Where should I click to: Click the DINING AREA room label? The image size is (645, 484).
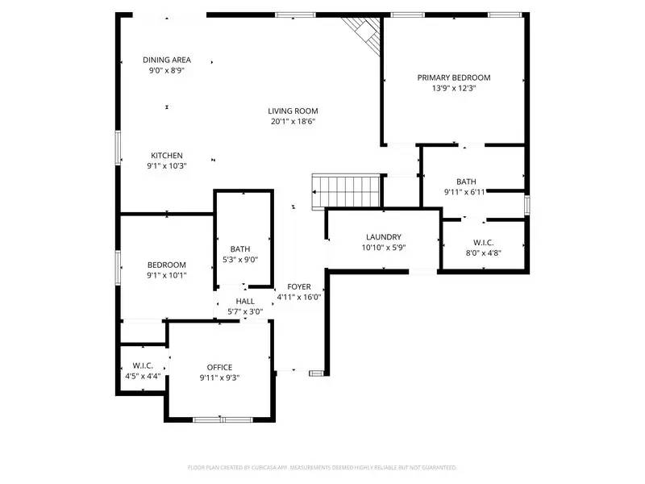[x=167, y=60]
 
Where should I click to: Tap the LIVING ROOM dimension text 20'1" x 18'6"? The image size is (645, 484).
[x=293, y=122]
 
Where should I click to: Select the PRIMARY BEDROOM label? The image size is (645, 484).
[x=453, y=77]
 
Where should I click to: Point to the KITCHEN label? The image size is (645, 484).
[x=167, y=156]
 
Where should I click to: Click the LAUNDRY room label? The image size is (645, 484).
[x=383, y=237]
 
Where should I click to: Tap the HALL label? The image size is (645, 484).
[x=245, y=301]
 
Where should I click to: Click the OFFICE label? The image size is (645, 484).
[x=219, y=367]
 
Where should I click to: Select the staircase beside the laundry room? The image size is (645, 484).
[x=346, y=190]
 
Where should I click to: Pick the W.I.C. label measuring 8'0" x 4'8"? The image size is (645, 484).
[x=484, y=241]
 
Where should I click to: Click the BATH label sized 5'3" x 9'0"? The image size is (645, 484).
[x=239, y=249]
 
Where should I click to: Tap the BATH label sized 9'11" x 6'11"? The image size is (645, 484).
[x=466, y=181]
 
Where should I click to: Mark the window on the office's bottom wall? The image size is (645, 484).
[x=223, y=419]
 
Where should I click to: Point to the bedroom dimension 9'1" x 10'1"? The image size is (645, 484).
[x=167, y=275]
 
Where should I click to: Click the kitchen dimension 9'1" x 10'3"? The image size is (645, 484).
[x=167, y=166]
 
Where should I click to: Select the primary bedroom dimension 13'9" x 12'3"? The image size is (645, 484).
[x=453, y=88]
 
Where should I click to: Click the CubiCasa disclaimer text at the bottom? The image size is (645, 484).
[x=322, y=467]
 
